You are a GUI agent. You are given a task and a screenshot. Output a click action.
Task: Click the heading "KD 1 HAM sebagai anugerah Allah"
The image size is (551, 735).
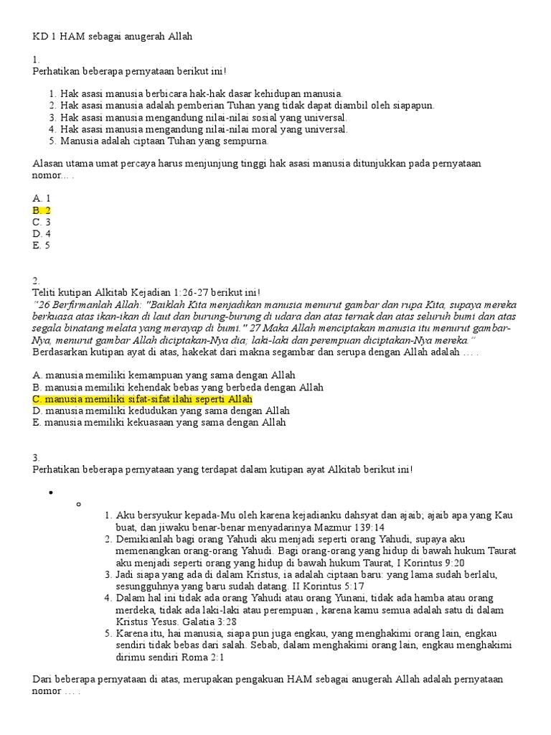113,35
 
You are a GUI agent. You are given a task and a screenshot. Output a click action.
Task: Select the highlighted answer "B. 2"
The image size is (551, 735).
42,210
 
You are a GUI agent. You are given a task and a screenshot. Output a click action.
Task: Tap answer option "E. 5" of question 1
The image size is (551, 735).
42,245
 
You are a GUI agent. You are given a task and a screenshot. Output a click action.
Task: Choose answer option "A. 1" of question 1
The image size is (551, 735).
42,198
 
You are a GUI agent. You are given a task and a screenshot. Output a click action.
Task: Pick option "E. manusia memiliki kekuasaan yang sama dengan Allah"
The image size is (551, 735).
159,423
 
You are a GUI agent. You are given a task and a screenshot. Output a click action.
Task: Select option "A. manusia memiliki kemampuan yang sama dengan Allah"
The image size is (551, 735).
164,375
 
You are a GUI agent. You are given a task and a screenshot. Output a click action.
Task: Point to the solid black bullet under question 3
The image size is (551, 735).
52,492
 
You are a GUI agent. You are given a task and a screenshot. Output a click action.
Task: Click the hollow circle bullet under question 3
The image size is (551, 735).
77,504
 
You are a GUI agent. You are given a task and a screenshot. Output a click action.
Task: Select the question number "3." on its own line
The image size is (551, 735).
37,457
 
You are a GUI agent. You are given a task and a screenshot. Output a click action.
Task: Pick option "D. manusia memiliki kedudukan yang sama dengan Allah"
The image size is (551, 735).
161,411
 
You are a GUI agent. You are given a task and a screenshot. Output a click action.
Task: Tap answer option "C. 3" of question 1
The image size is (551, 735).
42,222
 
